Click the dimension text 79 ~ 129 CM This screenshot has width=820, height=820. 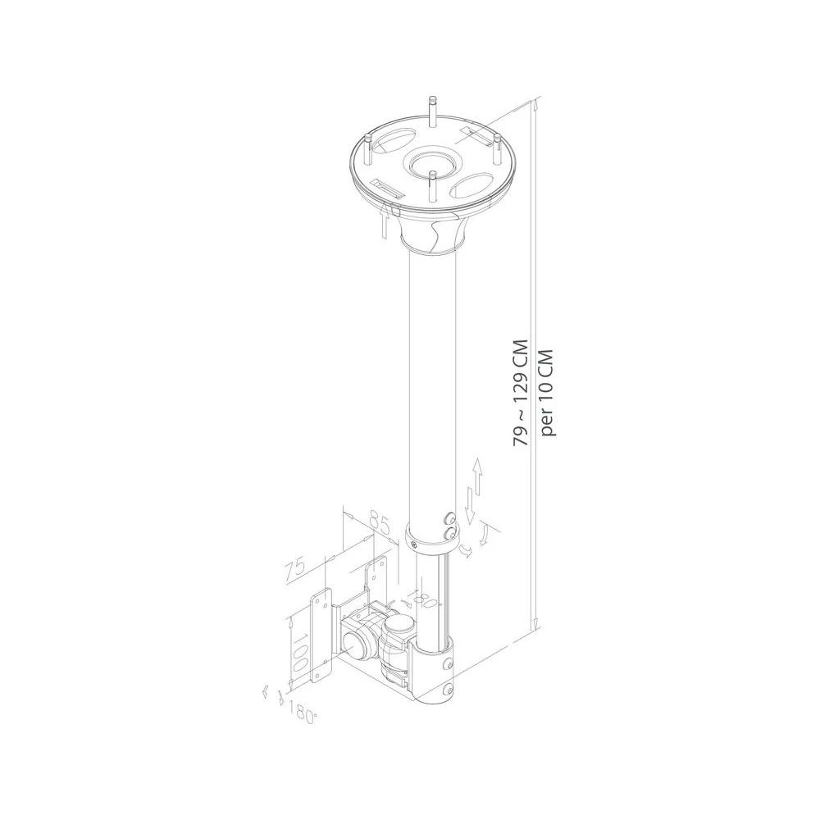tap(520, 395)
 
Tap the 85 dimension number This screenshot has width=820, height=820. tap(379, 522)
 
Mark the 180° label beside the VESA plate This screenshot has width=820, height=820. tap(303, 715)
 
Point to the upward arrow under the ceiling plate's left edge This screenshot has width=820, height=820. tap(385, 221)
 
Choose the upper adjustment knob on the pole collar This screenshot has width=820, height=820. tap(449, 518)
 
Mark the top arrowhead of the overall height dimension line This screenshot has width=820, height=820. tap(536, 103)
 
